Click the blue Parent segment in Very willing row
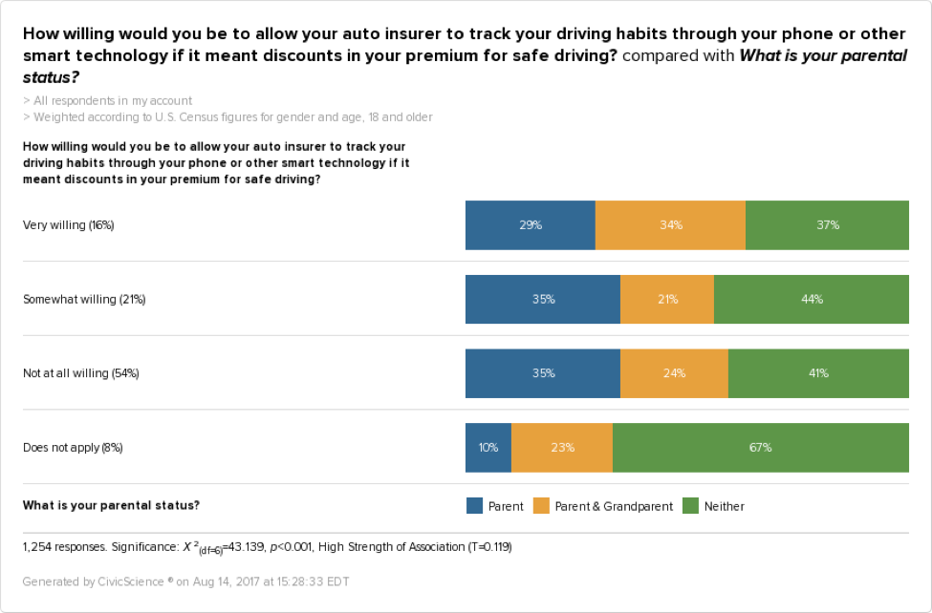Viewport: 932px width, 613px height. [531, 225]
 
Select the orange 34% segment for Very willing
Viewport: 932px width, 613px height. [670, 225]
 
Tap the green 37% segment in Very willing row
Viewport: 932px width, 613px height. [827, 225]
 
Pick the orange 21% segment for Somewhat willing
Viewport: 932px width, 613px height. [667, 299]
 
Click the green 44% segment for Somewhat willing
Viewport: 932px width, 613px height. [812, 299]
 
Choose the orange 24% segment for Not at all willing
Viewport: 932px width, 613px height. [674, 373]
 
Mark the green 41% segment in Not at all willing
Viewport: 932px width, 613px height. [818, 373]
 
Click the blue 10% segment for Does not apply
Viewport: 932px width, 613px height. [488, 447]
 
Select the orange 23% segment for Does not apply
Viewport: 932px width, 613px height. [562, 447]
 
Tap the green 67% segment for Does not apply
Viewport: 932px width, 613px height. [761, 447]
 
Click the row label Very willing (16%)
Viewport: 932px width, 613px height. [69, 225]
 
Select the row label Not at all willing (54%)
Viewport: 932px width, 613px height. [81, 373]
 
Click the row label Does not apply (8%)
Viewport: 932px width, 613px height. [73, 447]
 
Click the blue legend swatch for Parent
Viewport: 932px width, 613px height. [474, 506]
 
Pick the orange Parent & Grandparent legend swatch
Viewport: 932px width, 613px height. [540, 506]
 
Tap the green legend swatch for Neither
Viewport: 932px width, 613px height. [690, 506]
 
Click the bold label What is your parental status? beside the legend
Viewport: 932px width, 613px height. [112, 505]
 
